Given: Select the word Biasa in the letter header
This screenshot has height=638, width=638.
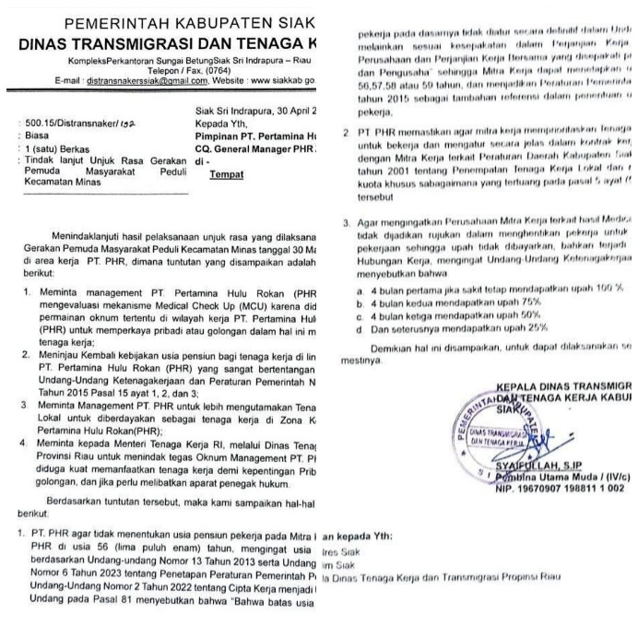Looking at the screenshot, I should [x=38, y=135].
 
